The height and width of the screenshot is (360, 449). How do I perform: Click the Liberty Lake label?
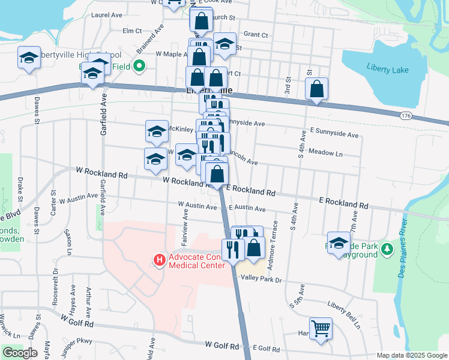[x=387, y=70]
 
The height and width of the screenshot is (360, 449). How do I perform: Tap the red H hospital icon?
[x=160, y=260]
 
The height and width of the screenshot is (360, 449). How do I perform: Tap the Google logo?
[x=20, y=353]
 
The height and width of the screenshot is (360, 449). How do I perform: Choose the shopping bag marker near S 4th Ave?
[x=316, y=89]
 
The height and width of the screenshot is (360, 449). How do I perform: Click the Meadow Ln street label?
[x=325, y=153]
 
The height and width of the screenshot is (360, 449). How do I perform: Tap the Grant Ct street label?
[x=256, y=35]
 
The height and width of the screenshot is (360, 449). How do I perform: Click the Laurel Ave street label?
[x=107, y=14]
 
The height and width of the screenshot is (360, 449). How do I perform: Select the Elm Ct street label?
[x=131, y=31]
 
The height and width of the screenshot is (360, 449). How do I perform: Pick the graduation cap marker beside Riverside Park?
[x=339, y=243]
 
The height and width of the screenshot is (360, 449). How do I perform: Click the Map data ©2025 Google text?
[x=412, y=355]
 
